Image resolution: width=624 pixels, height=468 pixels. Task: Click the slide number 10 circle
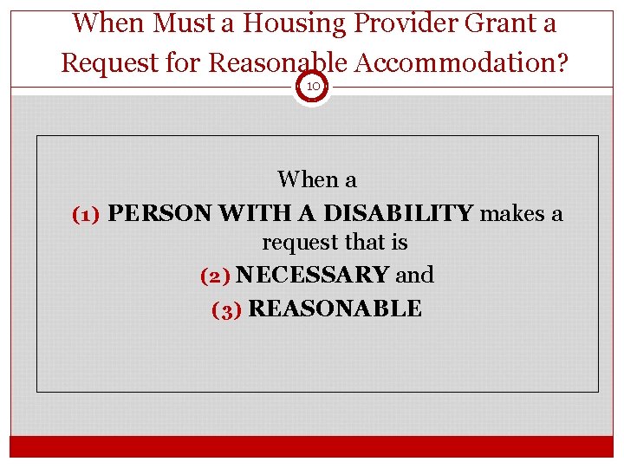click(312, 87)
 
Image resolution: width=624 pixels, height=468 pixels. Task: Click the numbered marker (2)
click(214, 276)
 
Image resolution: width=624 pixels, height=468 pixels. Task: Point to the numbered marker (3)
click(226, 309)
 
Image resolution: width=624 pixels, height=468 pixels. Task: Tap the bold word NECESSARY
click(312, 276)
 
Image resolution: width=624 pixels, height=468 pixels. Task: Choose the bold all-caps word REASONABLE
click(335, 309)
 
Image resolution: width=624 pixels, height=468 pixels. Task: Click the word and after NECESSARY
click(414, 276)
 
